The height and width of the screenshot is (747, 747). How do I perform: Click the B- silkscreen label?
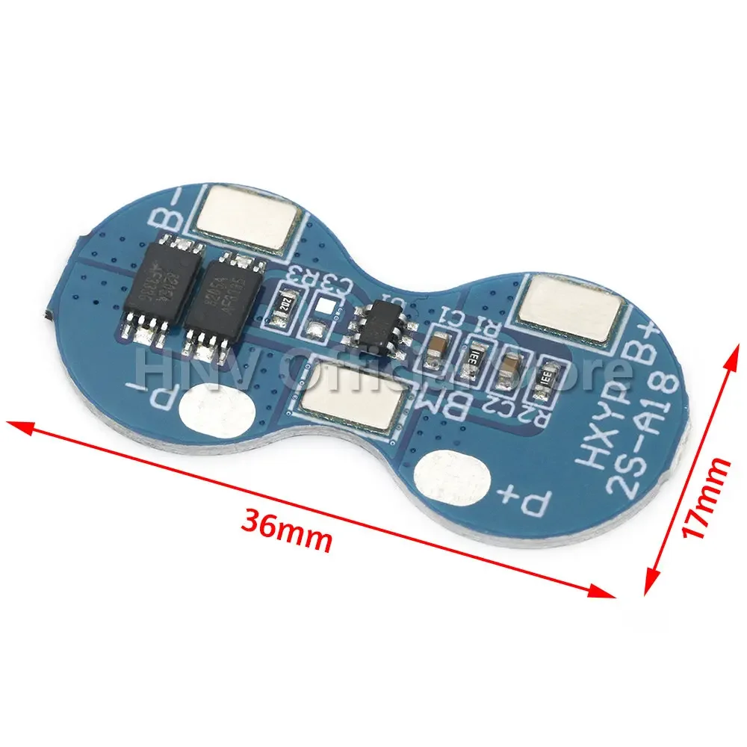tap(167, 213)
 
